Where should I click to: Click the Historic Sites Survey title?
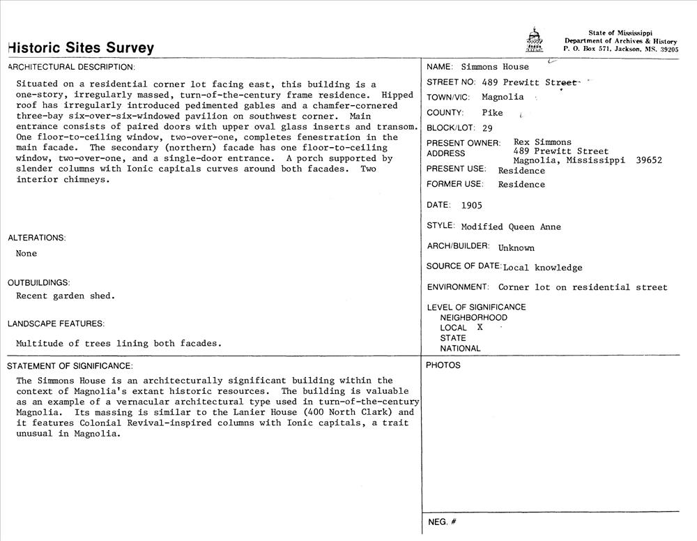click(x=81, y=48)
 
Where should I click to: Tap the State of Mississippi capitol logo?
click(x=533, y=41)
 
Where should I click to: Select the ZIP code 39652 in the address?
click(x=649, y=160)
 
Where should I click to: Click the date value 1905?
click(x=471, y=206)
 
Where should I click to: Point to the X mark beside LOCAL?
click(x=480, y=327)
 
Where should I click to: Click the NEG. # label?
click(x=442, y=522)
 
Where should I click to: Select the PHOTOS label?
click(x=443, y=365)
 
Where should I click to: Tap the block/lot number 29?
click(x=487, y=128)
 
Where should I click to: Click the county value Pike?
click(x=492, y=113)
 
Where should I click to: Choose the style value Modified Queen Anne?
click(x=511, y=227)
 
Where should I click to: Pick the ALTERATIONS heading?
click(x=37, y=238)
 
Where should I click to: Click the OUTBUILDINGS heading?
click(x=39, y=282)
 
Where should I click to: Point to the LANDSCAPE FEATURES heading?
click(x=56, y=323)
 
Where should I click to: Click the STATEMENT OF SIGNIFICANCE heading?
click(x=70, y=366)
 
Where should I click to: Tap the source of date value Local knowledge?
click(x=542, y=267)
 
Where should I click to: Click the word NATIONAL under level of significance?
click(x=460, y=349)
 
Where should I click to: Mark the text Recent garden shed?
click(x=66, y=296)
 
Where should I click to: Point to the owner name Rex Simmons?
click(x=542, y=142)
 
